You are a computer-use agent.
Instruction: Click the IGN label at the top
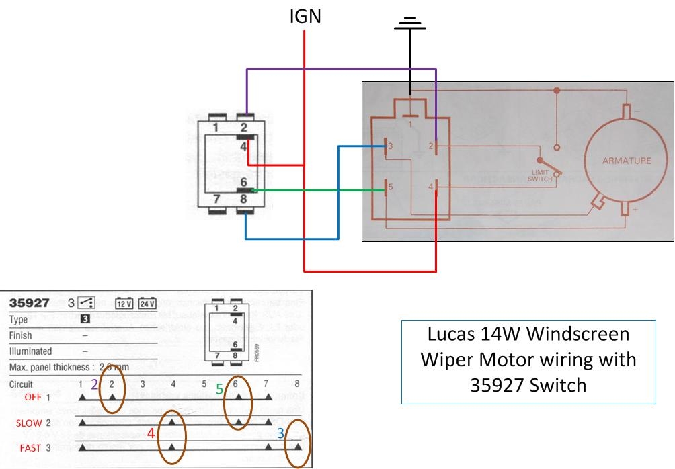point(305,16)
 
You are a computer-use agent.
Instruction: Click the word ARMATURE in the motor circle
point(627,161)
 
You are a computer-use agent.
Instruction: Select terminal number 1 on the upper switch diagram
point(216,128)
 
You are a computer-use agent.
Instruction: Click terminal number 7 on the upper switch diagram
point(216,199)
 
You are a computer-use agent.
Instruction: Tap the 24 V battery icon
point(147,302)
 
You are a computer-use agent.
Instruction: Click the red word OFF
point(32,398)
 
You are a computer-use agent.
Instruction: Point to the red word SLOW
point(30,423)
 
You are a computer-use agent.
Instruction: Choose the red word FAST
point(31,447)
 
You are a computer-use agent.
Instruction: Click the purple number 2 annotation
point(95,384)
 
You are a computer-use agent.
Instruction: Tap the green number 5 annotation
point(219,389)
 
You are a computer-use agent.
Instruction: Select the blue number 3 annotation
point(281,434)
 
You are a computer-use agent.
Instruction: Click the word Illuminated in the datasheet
point(30,351)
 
